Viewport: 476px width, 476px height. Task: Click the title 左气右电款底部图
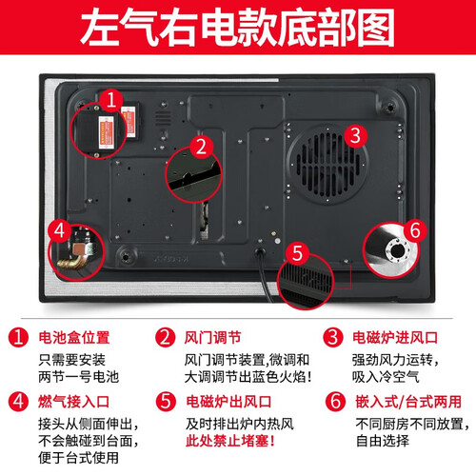237,28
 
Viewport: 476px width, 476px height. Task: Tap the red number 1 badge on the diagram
111,100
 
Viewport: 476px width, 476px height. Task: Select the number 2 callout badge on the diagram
202,147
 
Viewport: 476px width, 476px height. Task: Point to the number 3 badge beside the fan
355,135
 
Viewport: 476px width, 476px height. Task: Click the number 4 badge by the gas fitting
60,230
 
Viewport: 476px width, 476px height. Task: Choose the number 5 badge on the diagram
297,253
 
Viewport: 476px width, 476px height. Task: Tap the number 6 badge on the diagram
415,230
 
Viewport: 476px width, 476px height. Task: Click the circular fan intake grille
327,165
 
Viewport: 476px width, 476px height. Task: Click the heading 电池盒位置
74,337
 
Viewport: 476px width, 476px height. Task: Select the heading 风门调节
212,337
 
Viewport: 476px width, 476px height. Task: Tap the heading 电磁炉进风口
395,337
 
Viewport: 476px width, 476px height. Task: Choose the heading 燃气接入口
73,402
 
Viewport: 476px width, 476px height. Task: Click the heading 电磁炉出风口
228,402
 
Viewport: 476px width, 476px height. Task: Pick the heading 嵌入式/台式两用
408,402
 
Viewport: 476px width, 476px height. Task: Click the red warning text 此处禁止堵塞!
230,441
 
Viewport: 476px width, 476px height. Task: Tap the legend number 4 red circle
18,401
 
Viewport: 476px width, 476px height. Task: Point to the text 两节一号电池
79,377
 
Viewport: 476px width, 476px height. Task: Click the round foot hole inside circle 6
397,251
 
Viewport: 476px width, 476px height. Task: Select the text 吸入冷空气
386,377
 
